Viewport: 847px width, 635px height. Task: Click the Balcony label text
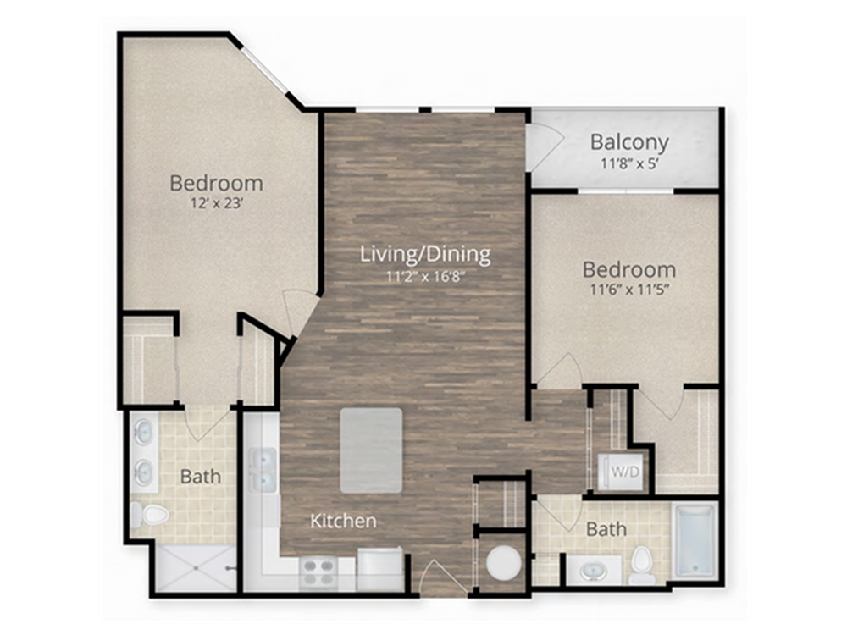pos(629,142)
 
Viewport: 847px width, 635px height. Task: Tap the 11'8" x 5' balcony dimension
pos(629,163)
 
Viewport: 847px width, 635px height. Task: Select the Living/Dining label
pos(426,254)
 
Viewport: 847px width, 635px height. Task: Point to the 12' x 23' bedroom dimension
pos(215,203)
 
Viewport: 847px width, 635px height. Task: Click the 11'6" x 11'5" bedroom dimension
pos(629,290)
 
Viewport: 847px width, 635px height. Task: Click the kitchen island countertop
pos(371,450)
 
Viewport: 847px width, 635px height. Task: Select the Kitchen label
pos(344,521)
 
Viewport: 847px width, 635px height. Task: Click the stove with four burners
pos(318,572)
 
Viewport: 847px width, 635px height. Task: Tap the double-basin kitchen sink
pos(263,470)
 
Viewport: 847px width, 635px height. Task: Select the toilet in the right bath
pos(643,565)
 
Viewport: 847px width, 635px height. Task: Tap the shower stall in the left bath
pos(197,568)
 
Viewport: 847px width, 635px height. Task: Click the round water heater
pos(504,562)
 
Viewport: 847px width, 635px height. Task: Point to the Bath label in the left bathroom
pos(201,477)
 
